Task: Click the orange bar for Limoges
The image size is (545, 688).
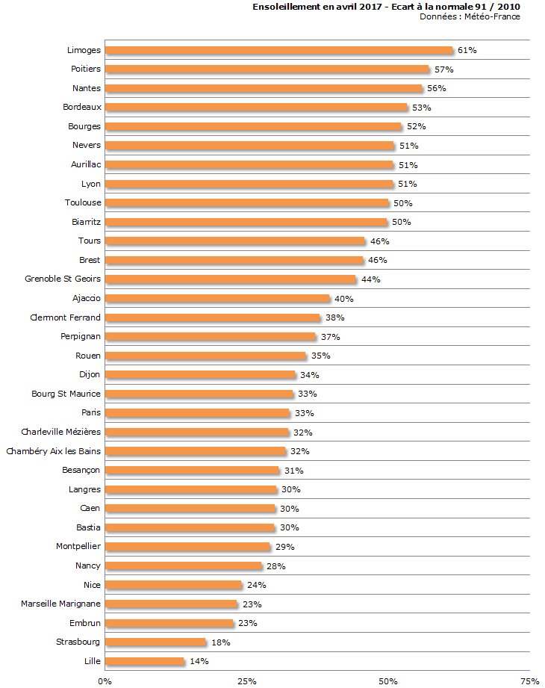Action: [278, 50]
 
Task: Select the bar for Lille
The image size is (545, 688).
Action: [144, 661]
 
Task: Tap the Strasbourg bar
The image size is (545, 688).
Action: [155, 642]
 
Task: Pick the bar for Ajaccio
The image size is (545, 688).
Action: [217, 298]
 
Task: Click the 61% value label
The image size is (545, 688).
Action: [467, 50]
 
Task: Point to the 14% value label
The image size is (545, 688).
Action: [199, 661]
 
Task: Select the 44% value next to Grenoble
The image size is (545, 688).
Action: [371, 279]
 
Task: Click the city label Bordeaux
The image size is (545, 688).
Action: [82, 107]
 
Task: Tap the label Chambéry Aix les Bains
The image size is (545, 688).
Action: [53, 450]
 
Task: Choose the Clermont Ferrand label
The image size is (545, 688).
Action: [65, 317]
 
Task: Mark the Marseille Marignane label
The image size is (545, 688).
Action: [60, 604]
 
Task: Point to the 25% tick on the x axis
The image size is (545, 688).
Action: [246, 681]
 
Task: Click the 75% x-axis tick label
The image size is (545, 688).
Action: [529, 681]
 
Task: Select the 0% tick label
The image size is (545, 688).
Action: [105, 681]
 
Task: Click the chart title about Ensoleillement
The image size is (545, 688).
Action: [386, 7]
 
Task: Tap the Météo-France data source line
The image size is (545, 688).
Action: [470, 16]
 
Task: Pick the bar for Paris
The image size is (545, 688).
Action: [197, 412]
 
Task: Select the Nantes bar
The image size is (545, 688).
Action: [264, 88]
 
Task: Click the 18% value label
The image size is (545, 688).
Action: [220, 642]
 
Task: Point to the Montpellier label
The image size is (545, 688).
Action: [78, 546]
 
